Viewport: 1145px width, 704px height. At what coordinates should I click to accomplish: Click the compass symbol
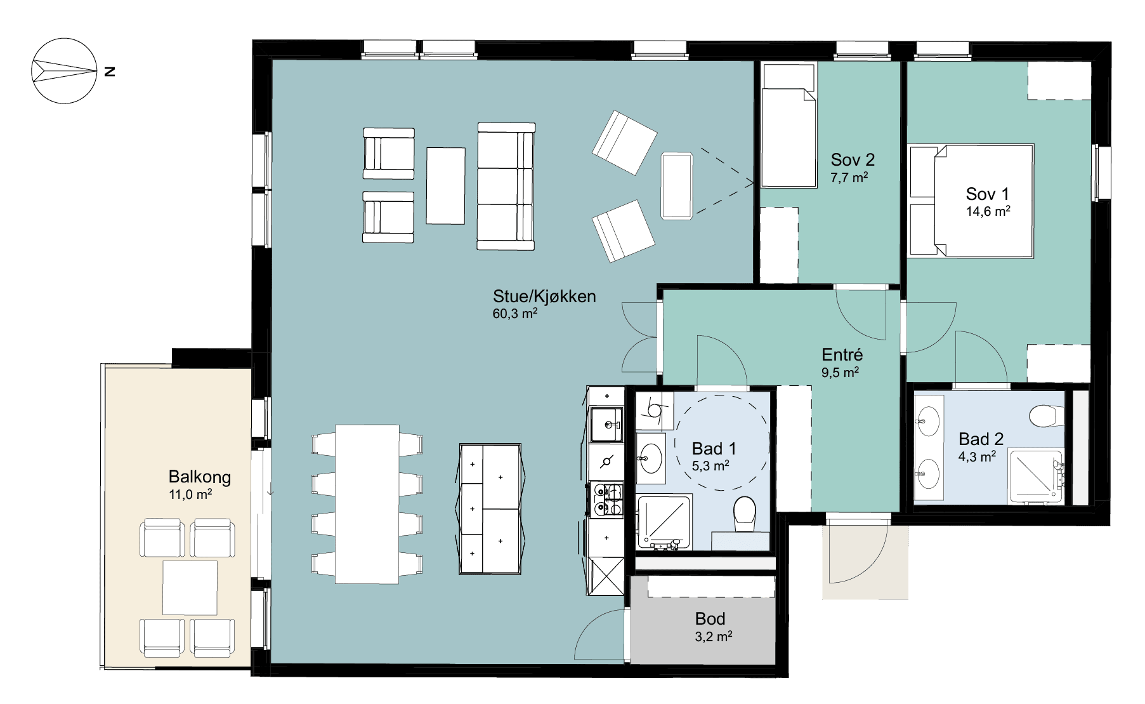[64, 70]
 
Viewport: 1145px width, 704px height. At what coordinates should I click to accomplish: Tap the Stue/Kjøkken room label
[544, 296]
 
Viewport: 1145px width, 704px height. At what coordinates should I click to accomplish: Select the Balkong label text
[200, 477]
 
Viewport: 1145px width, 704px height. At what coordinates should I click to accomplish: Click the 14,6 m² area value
[988, 211]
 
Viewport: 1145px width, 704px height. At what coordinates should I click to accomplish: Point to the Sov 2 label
[853, 160]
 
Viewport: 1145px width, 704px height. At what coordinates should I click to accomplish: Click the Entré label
[842, 355]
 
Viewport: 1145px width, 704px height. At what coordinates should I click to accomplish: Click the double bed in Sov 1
[971, 201]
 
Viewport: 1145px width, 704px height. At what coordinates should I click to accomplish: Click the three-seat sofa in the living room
[506, 186]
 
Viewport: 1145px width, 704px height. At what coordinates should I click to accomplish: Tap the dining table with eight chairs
[367, 504]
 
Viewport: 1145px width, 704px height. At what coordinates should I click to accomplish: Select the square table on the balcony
[190, 587]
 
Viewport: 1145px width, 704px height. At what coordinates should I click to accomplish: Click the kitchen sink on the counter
[606, 425]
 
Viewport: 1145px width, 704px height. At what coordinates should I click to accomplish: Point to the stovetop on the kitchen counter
[606, 500]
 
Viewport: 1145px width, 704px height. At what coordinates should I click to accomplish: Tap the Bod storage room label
[710, 619]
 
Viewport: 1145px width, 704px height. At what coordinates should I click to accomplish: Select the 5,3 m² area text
[710, 467]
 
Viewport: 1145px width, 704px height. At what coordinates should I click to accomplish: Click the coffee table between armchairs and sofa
[445, 185]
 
